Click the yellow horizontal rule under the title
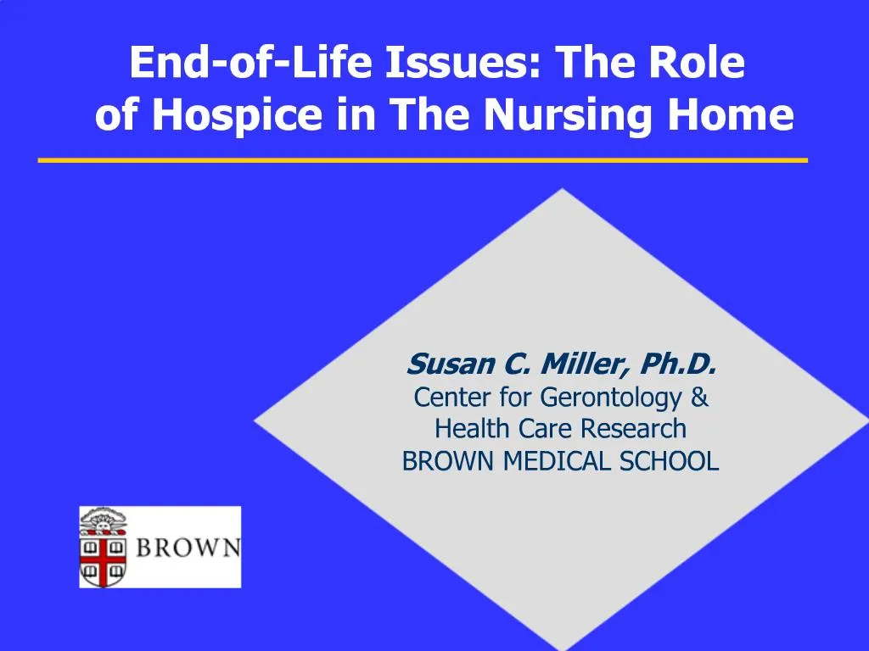tap(423, 159)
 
